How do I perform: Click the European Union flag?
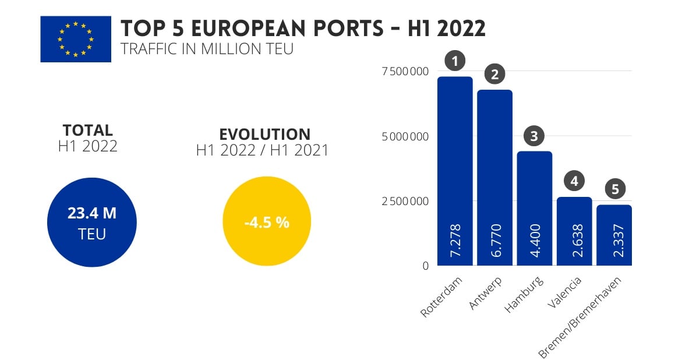click(76, 39)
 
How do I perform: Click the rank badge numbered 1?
click(455, 61)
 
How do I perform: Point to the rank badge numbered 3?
click(534, 136)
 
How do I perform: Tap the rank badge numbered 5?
click(614, 189)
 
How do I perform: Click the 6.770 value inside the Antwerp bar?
click(495, 239)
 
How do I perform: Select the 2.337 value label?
click(614, 239)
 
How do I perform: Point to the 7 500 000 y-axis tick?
click(405, 72)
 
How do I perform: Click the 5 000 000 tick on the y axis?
click(405, 137)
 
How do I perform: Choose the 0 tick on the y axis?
click(426, 266)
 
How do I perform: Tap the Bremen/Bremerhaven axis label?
click(580, 317)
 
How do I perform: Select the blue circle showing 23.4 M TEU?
click(92, 222)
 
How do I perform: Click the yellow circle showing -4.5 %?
click(267, 222)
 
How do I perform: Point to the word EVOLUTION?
click(264, 134)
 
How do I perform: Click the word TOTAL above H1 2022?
click(88, 130)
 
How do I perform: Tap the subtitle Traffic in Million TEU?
click(207, 50)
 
